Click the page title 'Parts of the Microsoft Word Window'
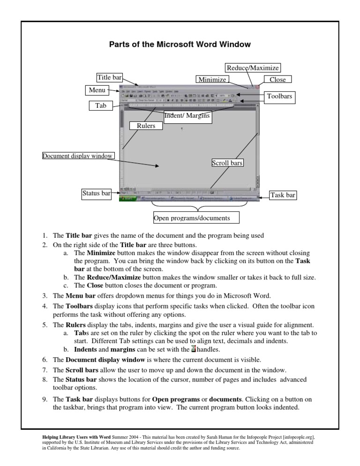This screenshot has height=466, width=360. coord(180,45)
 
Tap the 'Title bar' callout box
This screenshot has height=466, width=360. coord(109,78)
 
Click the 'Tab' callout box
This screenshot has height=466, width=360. coord(100,106)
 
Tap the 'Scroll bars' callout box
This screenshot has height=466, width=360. coord(228,163)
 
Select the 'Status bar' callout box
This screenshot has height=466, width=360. coord(96,193)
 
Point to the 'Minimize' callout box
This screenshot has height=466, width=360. coord(212,80)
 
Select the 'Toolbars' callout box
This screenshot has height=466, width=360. coord(279,97)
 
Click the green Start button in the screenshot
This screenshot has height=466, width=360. coord(128,199)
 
